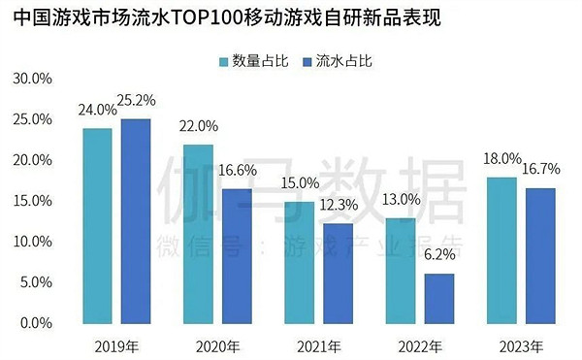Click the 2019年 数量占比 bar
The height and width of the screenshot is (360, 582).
point(97,225)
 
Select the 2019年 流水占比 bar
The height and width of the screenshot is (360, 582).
point(136,220)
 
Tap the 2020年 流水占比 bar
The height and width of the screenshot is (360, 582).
point(237,255)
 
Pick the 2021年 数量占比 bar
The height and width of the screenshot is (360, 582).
point(299,262)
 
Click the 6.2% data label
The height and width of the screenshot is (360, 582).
point(439,256)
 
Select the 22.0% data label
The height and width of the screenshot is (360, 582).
point(200,127)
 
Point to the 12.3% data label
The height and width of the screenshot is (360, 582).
point(339,205)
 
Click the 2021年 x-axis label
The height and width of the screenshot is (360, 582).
point(318,345)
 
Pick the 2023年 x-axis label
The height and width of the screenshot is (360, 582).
point(521,345)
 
